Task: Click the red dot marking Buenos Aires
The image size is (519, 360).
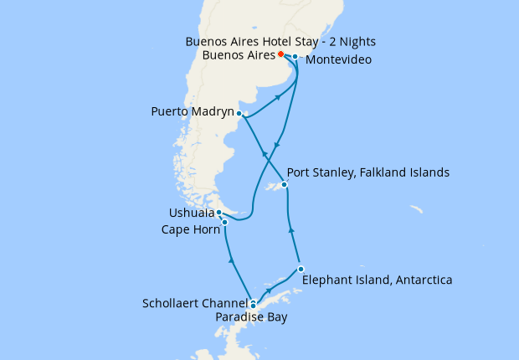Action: pyautogui.click(x=280, y=54)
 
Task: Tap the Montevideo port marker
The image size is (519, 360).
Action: pyautogui.click(x=295, y=57)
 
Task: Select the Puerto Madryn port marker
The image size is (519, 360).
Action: pyautogui.click(x=239, y=113)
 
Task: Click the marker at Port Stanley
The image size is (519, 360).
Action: pyautogui.click(x=285, y=184)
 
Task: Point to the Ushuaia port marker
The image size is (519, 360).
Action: pyautogui.click(x=218, y=213)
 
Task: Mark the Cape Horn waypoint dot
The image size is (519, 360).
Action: pyautogui.click(x=224, y=222)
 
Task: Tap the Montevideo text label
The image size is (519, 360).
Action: pyautogui.click(x=338, y=60)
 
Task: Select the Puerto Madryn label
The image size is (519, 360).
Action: pyautogui.click(x=192, y=111)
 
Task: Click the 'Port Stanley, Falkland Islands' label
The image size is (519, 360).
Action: pyautogui.click(x=368, y=172)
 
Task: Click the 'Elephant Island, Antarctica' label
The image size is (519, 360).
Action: pyautogui.click(x=377, y=280)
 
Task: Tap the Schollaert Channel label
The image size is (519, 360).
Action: pyautogui.click(x=195, y=303)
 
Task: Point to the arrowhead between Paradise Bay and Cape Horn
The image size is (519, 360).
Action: pyautogui.click(x=231, y=261)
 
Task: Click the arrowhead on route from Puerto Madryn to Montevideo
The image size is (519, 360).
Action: pyautogui.click(x=277, y=98)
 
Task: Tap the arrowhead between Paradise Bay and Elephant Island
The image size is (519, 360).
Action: pyautogui.click(x=269, y=291)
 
